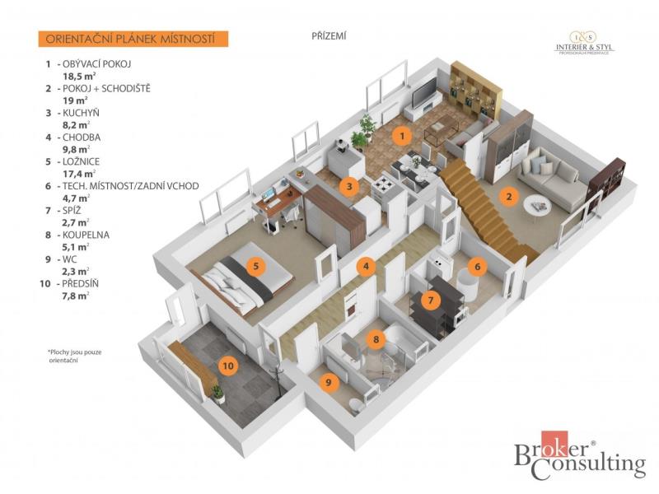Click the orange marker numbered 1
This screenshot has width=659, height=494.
pyautogui.click(x=402, y=136)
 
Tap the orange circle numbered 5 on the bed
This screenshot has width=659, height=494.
pyautogui.click(x=256, y=265)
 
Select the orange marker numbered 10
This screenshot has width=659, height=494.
pyautogui.click(x=228, y=366)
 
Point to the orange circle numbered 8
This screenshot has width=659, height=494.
pyautogui.click(x=376, y=339)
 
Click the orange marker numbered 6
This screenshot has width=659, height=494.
pyautogui.click(x=477, y=266)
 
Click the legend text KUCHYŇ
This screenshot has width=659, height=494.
pyautogui.click(x=81, y=113)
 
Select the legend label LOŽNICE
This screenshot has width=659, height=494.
pyautogui.click(x=81, y=161)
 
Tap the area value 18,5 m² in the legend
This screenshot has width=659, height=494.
pyautogui.click(x=79, y=77)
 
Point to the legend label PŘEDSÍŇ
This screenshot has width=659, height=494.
pyautogui.click(x=80, y=283)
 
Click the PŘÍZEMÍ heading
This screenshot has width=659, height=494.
pyautogui.click(x=329, y=36)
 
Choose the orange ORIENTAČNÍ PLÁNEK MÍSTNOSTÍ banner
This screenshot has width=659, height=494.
pyautogui.click(x=133, y=39)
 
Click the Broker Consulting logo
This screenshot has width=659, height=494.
pyautogui.click(x=580, y=456)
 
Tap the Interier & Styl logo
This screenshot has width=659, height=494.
pyautogui.click(x=584, y=44)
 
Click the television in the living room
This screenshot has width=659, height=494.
pyautogui.click(x=424, y=93)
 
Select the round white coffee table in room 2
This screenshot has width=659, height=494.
pyautogui.click(x=537, y=205)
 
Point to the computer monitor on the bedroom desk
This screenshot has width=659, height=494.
pyautogui.click(x=269, y=195)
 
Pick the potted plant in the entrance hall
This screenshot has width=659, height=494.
pyautogui.click(x=218, y=394)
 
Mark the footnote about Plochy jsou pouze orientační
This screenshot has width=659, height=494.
pyautogui.click(x=75, y=357)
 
